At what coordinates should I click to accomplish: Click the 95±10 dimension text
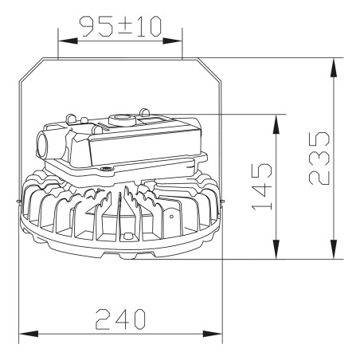(121, 26)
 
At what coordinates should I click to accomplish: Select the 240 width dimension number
(120, 319)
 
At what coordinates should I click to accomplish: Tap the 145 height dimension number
(262, 186)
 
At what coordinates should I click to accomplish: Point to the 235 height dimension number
(319, 158)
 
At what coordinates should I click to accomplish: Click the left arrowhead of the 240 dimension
(29, 334)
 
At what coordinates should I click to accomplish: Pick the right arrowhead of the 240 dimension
(213, 334)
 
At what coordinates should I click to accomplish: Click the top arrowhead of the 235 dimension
(334, 68)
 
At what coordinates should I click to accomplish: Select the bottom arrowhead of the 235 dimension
(334, 249)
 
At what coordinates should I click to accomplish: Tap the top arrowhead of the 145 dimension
(276, 124)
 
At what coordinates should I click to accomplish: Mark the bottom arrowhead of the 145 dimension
(276, 249)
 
